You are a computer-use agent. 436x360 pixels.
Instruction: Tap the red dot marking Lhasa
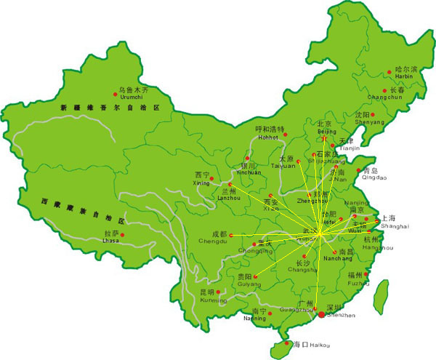pos(123,234)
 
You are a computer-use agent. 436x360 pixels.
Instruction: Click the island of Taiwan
pos(379,296)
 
